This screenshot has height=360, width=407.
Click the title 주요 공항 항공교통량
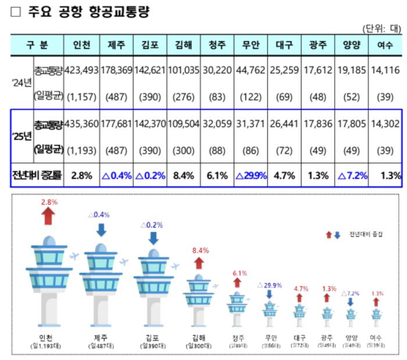(88, 12)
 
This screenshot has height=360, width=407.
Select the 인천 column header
(81, 44)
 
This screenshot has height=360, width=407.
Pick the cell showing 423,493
(81, 71)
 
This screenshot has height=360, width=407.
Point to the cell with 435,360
(81, 124)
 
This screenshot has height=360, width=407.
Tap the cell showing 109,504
(184, 124)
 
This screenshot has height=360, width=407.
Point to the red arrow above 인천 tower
(49, 216)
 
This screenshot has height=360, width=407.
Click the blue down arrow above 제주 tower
(101, 230)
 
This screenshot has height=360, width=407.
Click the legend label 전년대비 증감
(366, 234)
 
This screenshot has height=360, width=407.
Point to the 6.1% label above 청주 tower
(236, 273)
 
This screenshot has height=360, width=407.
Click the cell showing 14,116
(384, 71)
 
